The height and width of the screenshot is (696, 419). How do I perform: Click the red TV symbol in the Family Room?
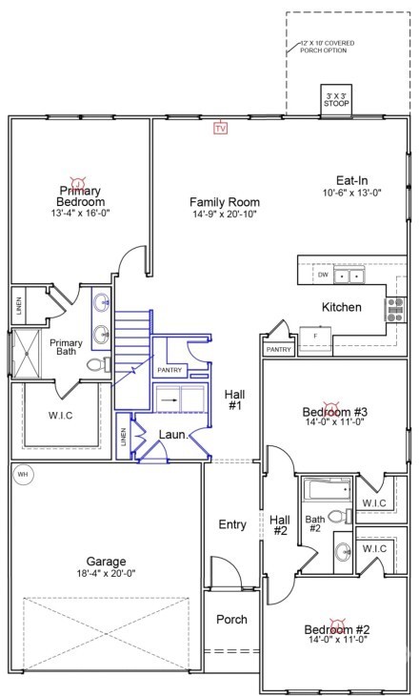(221, 127)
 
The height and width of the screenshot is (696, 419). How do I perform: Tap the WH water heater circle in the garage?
(22, 473)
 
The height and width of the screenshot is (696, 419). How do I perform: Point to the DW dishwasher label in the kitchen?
(324, 275)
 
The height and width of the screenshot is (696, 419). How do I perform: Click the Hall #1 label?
(234, 400)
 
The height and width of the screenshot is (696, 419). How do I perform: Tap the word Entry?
(232, 524)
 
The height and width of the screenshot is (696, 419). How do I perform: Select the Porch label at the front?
(230, 620)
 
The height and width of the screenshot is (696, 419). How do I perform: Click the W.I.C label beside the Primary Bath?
(60, 415)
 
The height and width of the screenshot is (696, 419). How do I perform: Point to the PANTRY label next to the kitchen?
(278, 350)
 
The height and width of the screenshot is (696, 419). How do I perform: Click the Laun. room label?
(172, 435)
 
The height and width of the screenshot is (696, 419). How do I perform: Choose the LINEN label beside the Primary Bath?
(19, 306)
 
